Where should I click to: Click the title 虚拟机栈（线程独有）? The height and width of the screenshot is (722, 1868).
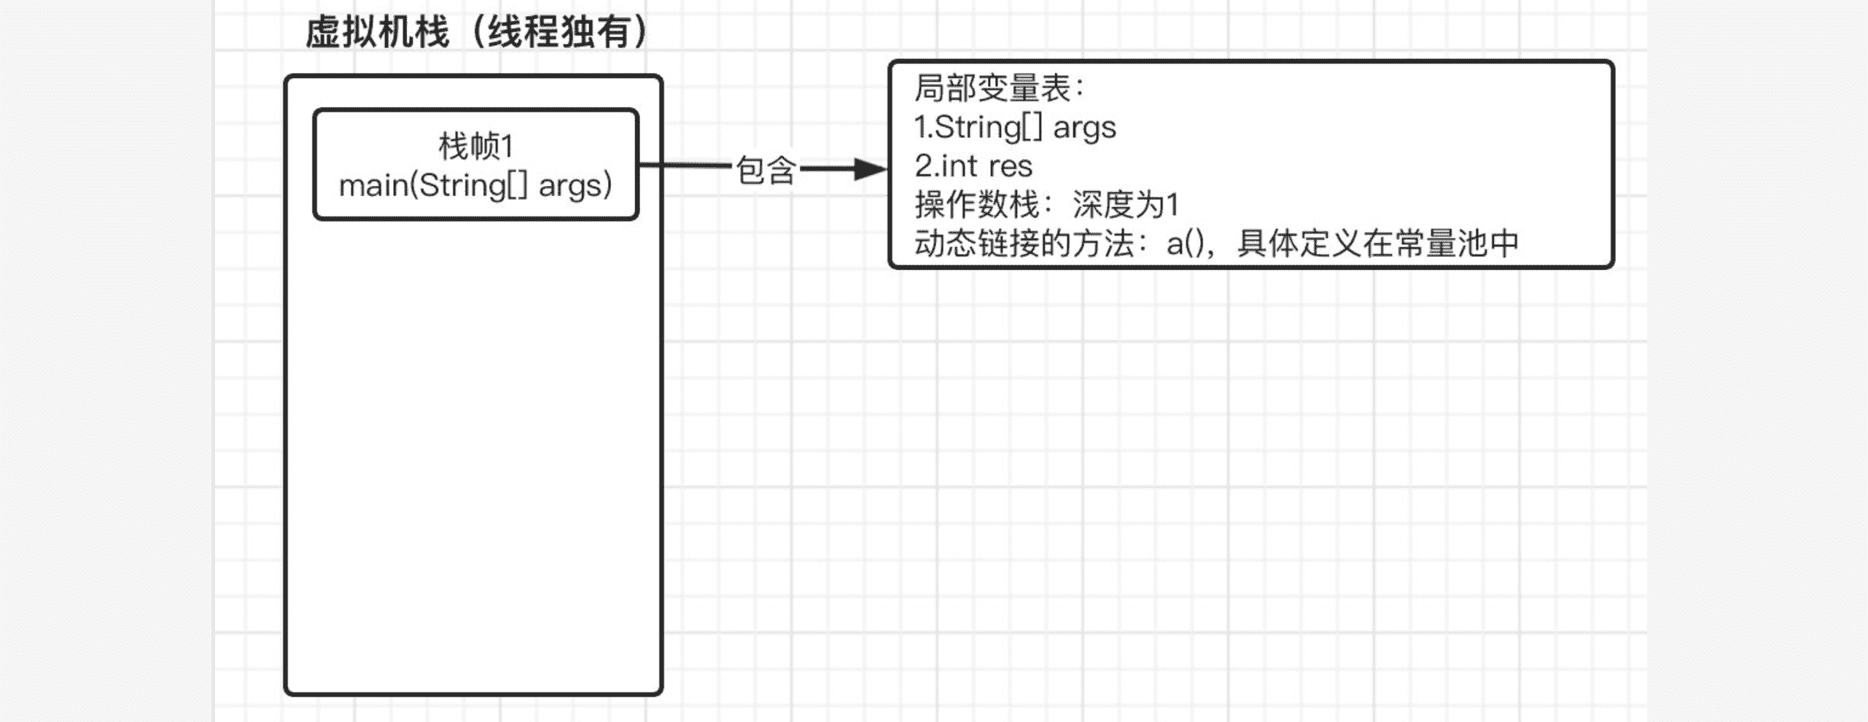pyautogui.click(x=477, y=33)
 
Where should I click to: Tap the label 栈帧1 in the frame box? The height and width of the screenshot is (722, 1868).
pyautogui.click(x=476, y=147)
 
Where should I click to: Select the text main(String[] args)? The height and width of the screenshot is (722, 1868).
pyautogui.click(x=475, y=185)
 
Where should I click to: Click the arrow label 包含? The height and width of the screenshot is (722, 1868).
pyautogui.click(x=765, y=170)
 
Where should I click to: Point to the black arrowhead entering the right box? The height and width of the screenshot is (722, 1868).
pyautogui.click(x=871, y=169)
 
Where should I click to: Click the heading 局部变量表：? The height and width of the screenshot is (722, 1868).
pyautogui.click(x=1000, y=88)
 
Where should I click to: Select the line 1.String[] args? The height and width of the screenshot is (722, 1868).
pyautogui.click(x=1015, y=128)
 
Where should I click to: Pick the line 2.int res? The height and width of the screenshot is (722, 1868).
pyautogui.click(x=973, y=166)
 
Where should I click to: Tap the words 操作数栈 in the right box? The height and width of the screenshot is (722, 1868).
pyautogui.click(x=976, y=205)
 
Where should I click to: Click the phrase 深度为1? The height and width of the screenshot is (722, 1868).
pyautogui.click(x=1126, y=205)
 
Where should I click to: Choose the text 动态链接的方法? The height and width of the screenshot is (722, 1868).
pyautogui.click(x=1024, y=244)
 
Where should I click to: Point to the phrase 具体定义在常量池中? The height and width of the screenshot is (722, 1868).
pyautogui.click(x=1378, y=244)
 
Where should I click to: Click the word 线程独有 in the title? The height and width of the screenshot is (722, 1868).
pyautogui.click(x=559, y=33)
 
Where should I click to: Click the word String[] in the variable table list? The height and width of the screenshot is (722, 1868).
pyautogui.click(x=989, y=128)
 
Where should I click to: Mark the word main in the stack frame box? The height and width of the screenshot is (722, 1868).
pyautogui.click(x=374, y=186)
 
